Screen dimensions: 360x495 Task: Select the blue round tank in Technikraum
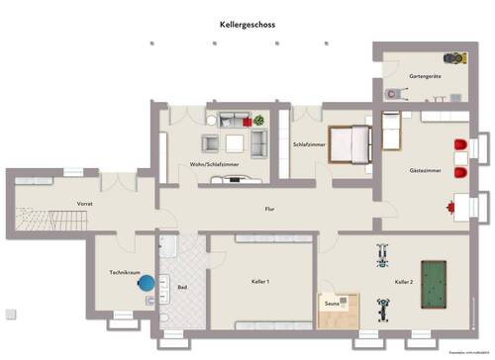tap(148, 284)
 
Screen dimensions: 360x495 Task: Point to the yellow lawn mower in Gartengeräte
tap(456, 57)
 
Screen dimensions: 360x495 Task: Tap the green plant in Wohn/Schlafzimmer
tap(259, 121)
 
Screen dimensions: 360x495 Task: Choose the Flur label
tap(269, 209)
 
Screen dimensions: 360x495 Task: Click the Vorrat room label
tap(85, 203)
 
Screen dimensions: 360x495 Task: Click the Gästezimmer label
tap(425, 170)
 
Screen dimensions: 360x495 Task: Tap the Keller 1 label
tap(261, 282)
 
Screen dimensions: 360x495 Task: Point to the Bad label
tap(182, 288)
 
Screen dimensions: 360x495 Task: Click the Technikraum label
tap(123, 272)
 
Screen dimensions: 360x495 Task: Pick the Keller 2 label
tap(403, 283)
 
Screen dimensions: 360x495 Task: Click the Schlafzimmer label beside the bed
tap(309, 145)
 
